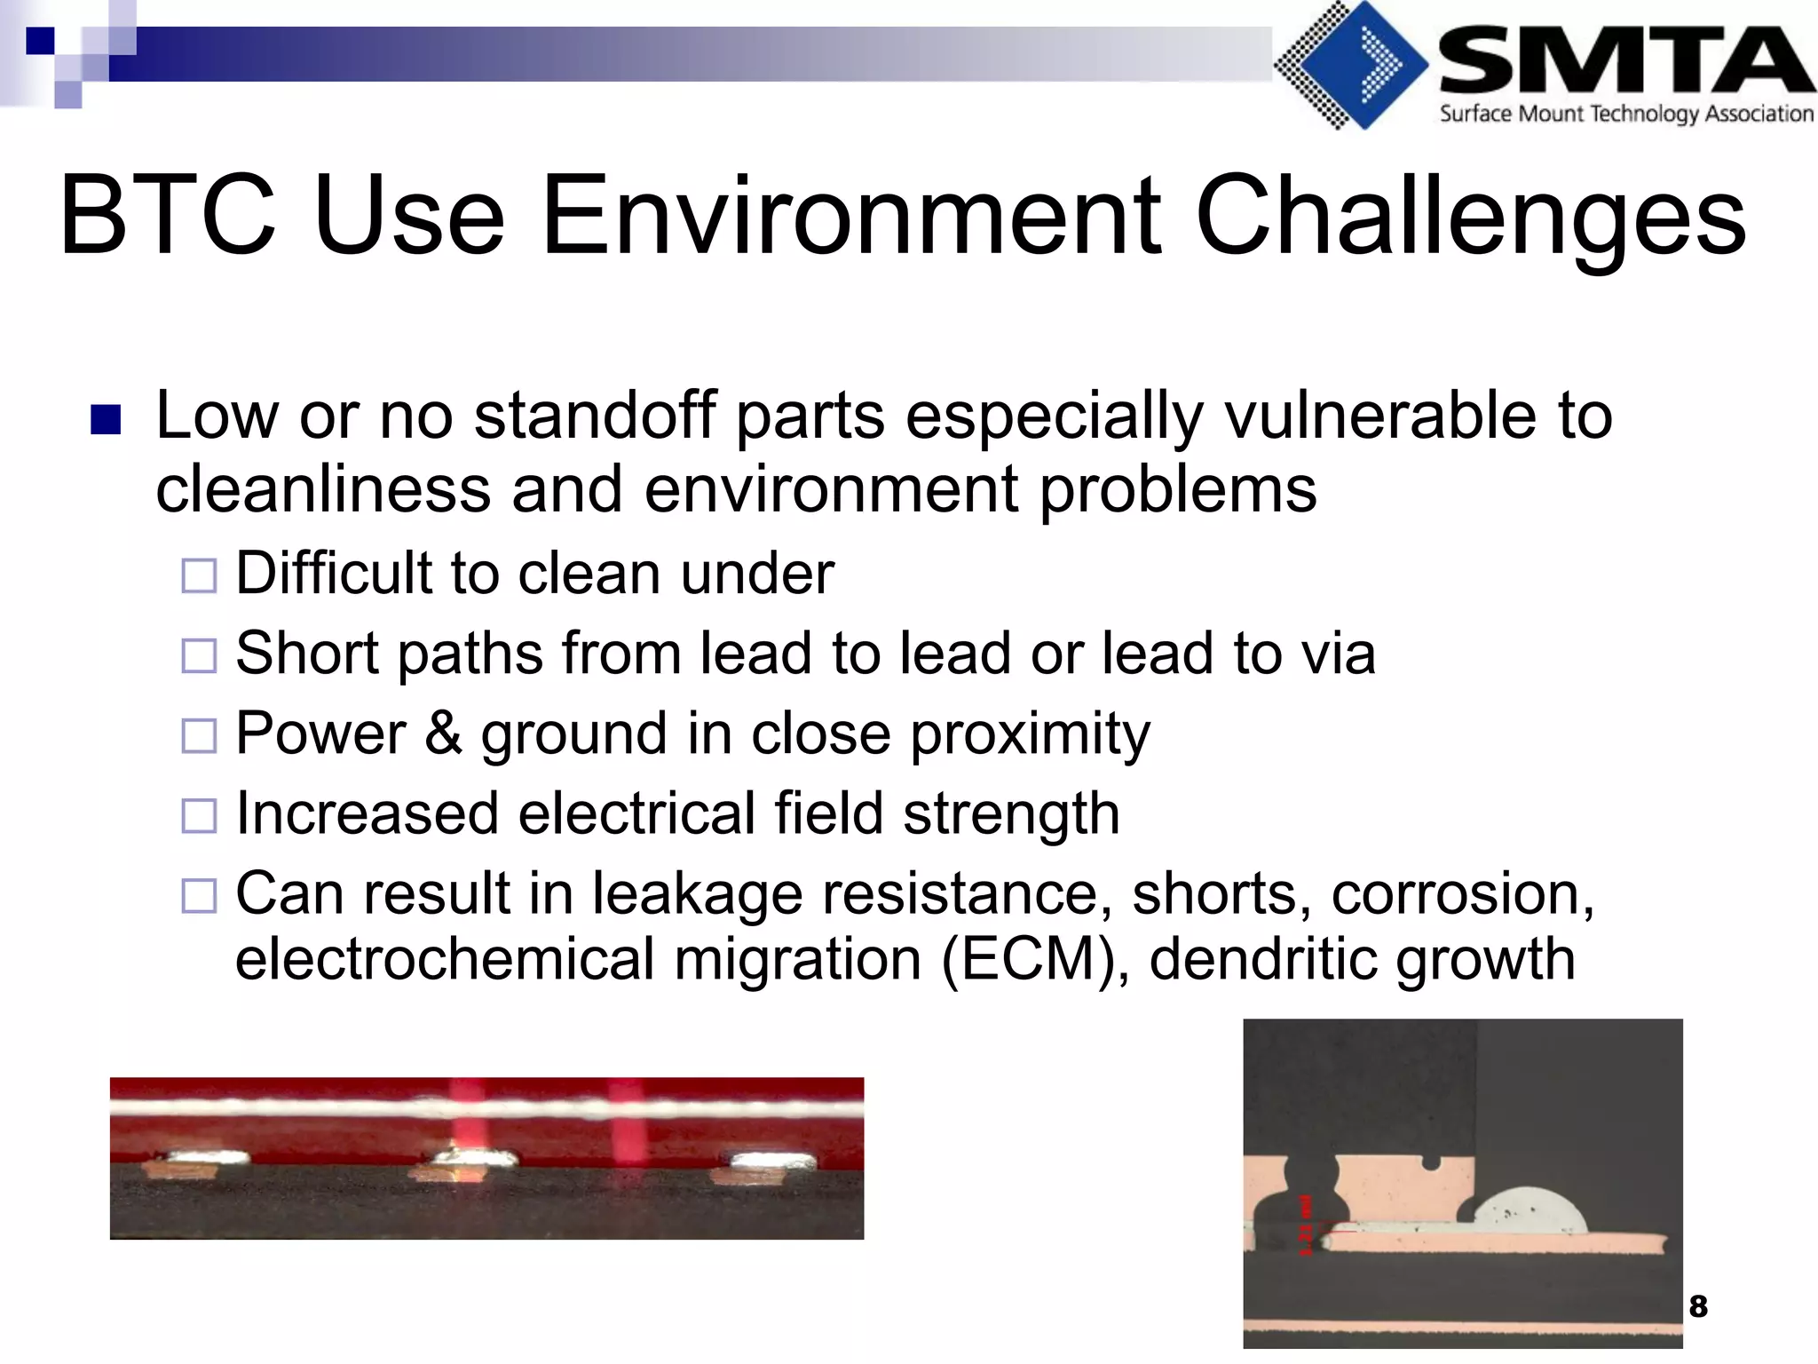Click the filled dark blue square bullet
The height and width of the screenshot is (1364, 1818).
coord(106,420)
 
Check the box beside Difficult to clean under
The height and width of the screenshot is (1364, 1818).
coord(199,576)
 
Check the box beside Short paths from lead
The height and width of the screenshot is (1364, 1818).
coord(199,656)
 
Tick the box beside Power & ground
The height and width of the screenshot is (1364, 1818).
coord(199,736)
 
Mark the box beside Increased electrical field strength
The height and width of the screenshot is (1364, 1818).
coord(199,816)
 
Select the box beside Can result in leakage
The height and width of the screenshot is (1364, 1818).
coord(199,896)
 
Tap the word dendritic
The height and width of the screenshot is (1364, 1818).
coord(1261,959)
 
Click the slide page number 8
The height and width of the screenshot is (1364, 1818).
coord(1698,1306)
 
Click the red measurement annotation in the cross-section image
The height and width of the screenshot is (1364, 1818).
coord(1305,1225)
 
